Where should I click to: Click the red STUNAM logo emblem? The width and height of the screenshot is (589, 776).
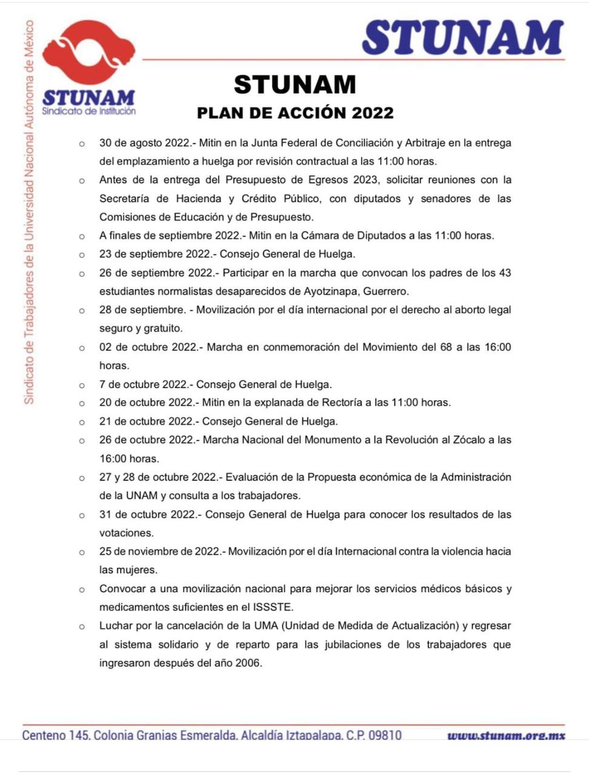tap(88, 55)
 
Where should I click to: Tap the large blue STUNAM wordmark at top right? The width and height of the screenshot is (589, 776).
tap(463, 38)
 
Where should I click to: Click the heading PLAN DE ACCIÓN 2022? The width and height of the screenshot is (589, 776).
tap(295, 113)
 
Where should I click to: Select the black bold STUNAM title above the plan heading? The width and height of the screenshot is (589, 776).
tap(295, 84)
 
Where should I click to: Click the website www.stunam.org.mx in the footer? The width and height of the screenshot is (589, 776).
tap(506, 735)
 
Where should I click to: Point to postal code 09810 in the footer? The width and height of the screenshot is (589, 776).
tap(385, 735)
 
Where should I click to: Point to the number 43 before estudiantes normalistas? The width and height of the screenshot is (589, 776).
tap(504, 273)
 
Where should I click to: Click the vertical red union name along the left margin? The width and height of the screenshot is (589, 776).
tap(29, 212)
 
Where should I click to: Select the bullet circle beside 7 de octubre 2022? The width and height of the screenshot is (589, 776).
tap(82, 385)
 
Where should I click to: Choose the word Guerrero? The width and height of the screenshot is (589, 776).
tap(386, 291)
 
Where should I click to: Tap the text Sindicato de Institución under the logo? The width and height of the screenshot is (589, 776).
tap(89, 111)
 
